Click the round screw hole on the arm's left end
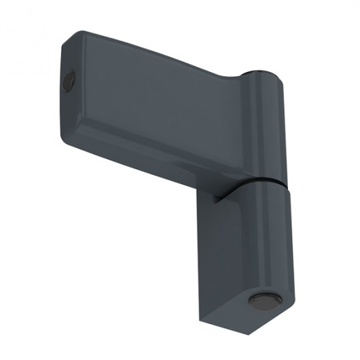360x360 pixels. (x=67, y=82)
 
